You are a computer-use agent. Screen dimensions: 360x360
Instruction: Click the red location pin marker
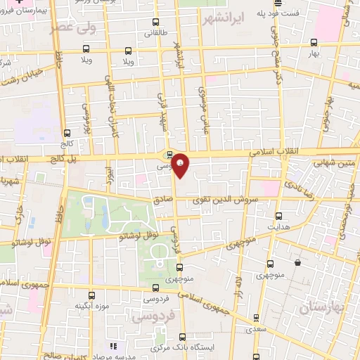click(181, 165)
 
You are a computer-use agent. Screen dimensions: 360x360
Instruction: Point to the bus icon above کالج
click(67, 132)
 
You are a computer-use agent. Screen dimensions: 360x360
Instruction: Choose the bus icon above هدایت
click(279, 216)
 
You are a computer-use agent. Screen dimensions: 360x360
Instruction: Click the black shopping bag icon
click(297, 262)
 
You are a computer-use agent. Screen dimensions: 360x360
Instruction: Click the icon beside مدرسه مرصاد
click(112, 346)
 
